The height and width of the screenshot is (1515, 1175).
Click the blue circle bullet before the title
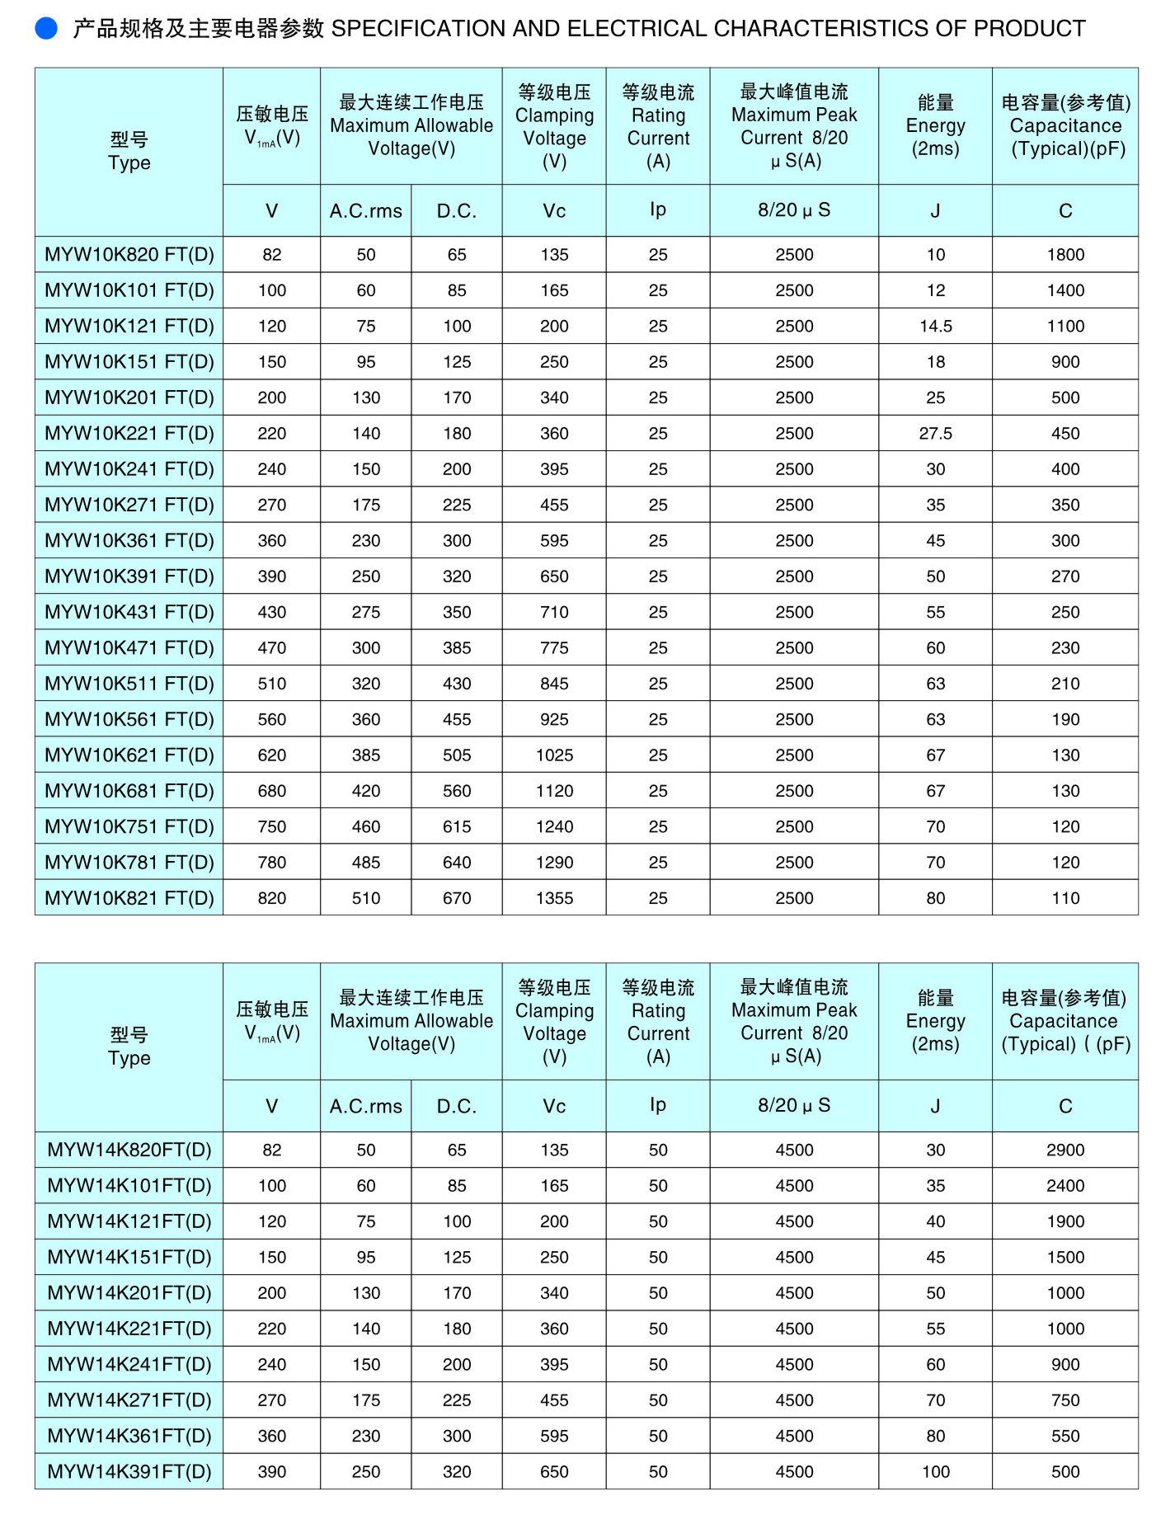tap(46, 29)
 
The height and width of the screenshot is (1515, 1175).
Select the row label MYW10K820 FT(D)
tap(129, 255)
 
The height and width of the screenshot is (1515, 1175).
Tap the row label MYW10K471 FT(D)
tap(129, 648)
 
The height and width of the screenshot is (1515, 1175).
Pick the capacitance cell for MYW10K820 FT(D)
tap(1065, 255)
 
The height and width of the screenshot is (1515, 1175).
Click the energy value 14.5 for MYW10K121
tap(935, 327)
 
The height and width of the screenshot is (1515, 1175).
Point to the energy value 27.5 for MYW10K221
tap(935, 434)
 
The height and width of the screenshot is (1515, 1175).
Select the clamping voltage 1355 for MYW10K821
tap(554, 898)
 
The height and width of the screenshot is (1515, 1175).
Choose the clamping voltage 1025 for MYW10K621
tap(554, 755)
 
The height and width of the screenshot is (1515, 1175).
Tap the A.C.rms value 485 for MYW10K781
tap(366, 863)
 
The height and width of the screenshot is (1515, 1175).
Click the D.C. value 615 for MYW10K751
tap(457, 827)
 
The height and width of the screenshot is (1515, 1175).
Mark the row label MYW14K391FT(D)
tap(129, 1472)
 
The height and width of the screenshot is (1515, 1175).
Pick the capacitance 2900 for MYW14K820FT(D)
tap(1065, 1150)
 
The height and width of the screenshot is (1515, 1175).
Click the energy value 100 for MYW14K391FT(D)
tap(935, 1472)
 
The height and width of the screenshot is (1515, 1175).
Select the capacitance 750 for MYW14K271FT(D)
tap(1065, 1400)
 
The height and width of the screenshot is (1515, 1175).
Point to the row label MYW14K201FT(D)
tap(129, 1293)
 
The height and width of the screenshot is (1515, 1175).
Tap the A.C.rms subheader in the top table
tap(366, 211)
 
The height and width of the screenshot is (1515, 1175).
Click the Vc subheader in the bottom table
tap(554, 1106)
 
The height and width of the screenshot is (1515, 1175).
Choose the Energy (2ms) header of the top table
tap(935, 125)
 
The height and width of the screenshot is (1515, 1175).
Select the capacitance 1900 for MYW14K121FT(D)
tap(1065, 1221)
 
